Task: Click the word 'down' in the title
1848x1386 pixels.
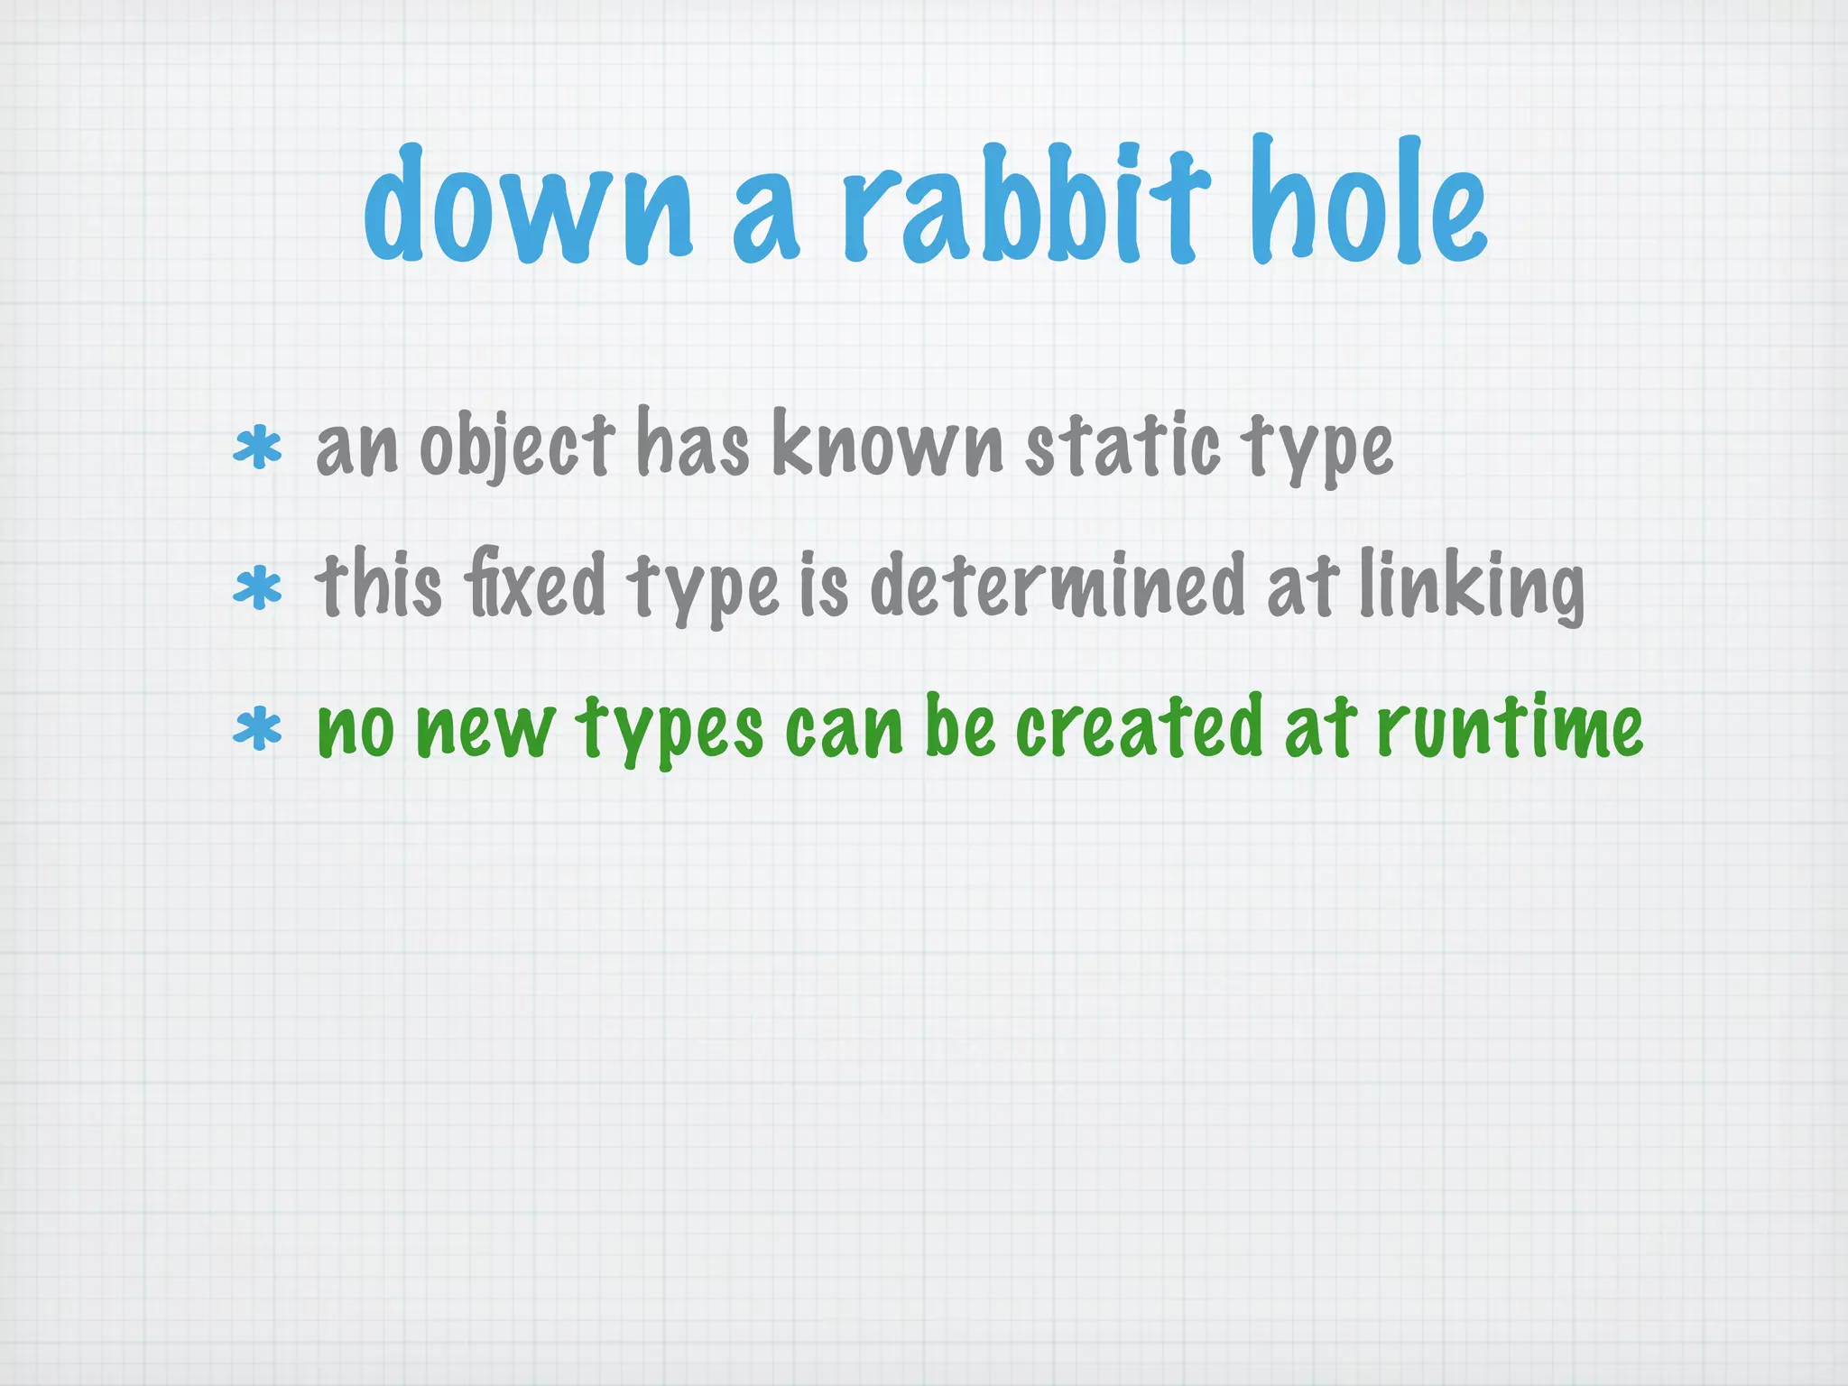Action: (529, 206)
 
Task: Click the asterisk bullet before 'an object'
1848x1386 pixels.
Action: (257, 448)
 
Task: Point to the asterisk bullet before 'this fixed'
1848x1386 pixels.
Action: (257, 588)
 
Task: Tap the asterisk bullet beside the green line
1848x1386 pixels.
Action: (257, 729)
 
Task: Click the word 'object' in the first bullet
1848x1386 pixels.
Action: (517, 447)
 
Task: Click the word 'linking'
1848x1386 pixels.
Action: (1471, 587)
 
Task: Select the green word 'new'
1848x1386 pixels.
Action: (485, 729)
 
